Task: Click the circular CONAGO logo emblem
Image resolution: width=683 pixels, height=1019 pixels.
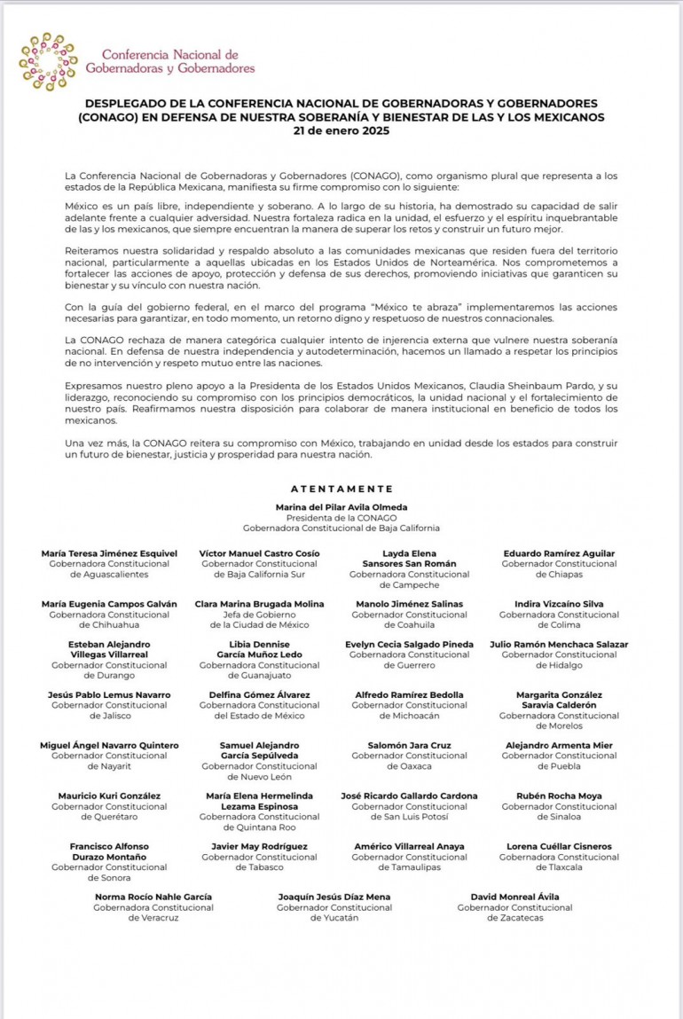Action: coord(47,61)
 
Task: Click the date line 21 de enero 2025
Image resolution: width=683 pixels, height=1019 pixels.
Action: coord(341,130)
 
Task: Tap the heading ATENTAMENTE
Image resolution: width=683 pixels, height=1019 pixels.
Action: coord(341,489)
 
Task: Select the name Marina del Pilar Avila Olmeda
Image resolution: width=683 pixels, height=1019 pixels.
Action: coord(341,506)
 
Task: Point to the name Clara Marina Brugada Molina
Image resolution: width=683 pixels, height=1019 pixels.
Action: coord(259,604)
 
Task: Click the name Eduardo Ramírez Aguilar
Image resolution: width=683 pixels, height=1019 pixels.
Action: coord(559,553)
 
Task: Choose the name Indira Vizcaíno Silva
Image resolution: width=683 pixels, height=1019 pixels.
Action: coord(559,604)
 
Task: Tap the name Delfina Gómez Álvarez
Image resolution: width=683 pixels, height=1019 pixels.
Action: coord(259,694)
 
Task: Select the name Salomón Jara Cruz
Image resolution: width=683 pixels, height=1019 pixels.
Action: coord(410,745)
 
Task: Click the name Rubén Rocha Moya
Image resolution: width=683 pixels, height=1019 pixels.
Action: coord(559,796)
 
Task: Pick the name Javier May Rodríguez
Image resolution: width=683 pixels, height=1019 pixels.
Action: coord(259,846)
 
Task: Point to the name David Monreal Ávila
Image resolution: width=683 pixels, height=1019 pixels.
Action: coord(514,897)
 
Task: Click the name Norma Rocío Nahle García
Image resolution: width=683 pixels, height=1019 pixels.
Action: coord(153,897)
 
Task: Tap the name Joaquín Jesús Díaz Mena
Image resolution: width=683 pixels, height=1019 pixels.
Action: coord(334,897)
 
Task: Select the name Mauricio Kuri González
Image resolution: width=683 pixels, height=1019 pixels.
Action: coord(109,796)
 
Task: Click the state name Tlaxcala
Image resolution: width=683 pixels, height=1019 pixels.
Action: coord(559,867)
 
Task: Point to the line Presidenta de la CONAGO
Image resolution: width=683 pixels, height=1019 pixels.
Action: coord(341,517)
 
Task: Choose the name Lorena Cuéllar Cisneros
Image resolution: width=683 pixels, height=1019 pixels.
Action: coord(559,846)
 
